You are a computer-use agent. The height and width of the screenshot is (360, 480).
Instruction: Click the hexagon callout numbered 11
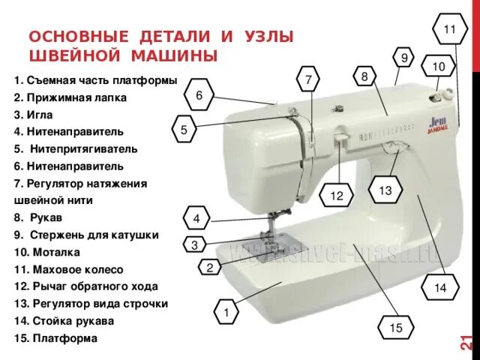(449, 29)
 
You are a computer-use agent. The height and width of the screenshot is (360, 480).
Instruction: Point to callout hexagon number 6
(199, 95)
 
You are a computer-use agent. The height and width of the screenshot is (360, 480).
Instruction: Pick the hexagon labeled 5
(184, 130)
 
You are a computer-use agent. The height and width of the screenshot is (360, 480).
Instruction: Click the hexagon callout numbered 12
(336, 196)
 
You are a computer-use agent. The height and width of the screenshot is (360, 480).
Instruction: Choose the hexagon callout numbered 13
(385, 191)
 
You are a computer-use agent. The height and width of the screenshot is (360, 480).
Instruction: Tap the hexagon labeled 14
(439, 287)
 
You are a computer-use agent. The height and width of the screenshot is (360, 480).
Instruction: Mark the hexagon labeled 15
(395, 328)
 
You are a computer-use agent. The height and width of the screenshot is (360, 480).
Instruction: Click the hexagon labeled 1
(226, 310)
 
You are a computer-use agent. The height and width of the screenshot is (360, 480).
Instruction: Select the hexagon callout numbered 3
(194, 245)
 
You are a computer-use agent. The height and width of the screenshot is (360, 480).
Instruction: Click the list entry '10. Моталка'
(47, 253)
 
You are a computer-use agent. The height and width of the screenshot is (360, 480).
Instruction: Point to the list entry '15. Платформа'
(55, 339)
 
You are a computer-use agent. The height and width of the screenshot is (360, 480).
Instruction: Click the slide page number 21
(466, 342)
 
